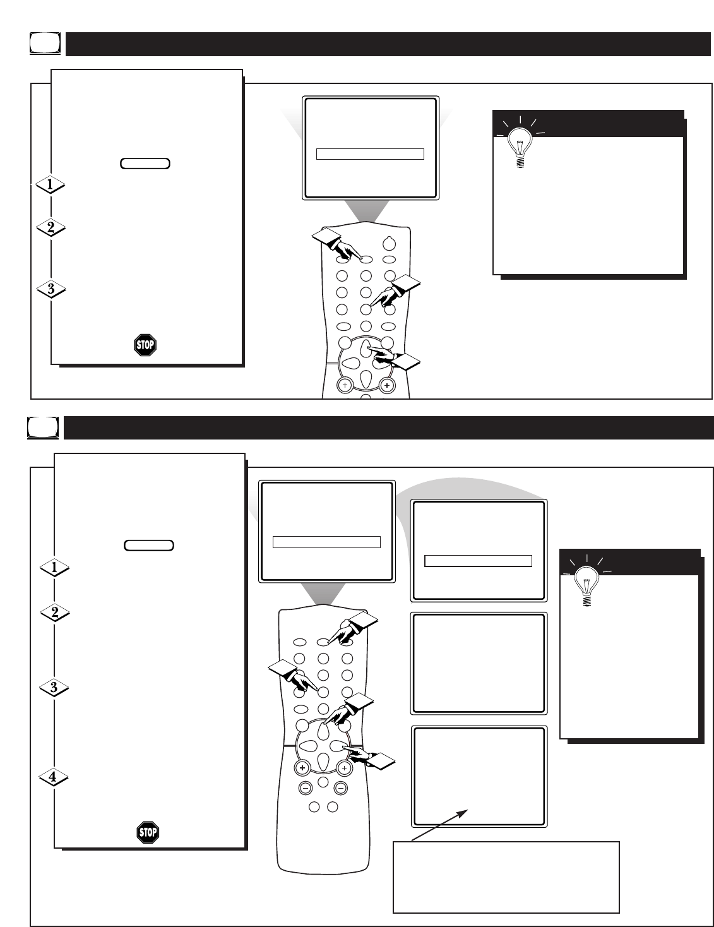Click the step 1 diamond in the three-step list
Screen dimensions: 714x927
click(x=50, y=185)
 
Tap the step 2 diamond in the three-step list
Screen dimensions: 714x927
click(x=50, y=228)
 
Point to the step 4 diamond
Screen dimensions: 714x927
click(x=54, y=777)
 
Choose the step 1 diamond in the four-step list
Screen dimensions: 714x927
click(x=54, y=568)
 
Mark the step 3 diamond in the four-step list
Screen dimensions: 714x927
click(x=54, y=687)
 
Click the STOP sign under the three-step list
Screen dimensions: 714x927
click(x=145, y=345)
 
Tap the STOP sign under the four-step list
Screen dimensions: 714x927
click(x=148, y=832)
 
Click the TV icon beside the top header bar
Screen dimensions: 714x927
click(x=45, y=44)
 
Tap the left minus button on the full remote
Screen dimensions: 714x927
click(x=304, y=787)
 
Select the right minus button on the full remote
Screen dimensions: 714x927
click(x=341, y=787)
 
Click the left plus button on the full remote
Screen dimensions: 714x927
click(x=303, y=768)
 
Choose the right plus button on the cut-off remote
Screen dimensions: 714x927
click(x=387, y=385)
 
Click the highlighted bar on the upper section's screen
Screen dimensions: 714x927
click(x=369, y=154)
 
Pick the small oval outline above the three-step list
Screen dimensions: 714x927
click(x=145, y=164)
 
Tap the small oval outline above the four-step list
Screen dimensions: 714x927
click(x=149, y=545)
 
